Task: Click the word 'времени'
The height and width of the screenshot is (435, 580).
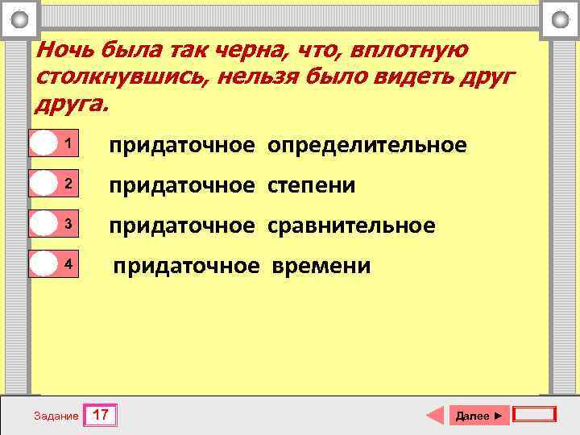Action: (x=321, y=266)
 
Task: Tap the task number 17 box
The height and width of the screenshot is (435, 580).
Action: (x=101, y=416)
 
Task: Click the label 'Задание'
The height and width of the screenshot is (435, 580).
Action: (x=56, y=416)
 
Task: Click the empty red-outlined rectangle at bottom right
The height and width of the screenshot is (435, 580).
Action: (x=534, y=415)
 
